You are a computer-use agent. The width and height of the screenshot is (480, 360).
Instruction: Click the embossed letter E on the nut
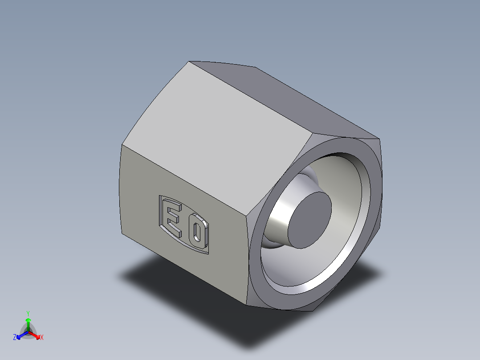(173, 218)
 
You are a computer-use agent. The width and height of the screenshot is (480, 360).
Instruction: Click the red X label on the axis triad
(42, 337)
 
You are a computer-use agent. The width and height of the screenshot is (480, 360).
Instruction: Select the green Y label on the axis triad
(28, 313)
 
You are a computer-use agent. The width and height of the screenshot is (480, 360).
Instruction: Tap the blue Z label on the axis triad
(15, 337)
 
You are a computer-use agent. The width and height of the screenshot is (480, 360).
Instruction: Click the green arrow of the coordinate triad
(28, 322)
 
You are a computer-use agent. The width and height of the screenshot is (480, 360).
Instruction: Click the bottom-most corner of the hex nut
(248, 305)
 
